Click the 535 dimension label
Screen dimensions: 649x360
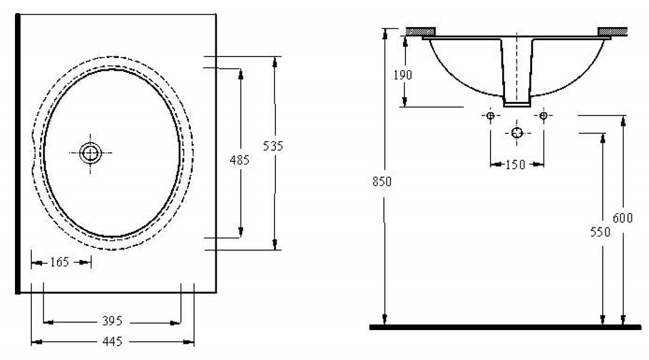[x=273, y=146]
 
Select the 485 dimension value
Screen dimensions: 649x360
[x=239, y=160]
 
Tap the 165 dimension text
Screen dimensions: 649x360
[x=59, y=262]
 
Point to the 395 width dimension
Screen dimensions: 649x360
[x=112, y=320]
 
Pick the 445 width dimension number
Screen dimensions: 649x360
[x=112, y=341]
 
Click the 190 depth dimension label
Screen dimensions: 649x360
[x=402, y=75]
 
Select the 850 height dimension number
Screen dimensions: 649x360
[x=381, y=181]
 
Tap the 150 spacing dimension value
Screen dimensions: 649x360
[x=515, y=164]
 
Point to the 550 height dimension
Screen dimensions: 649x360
[x=600, y=232]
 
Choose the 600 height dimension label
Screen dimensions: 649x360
[x=623, y=218]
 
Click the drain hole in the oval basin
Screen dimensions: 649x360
[x=90, y=152]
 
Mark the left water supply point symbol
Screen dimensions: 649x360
[x=491, y=115]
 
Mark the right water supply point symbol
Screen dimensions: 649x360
[x=543, y=115]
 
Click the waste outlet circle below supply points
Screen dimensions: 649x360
[x=517, y=133]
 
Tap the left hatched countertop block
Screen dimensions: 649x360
[x=420, y=31]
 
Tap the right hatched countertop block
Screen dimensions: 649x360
[x=612, y=31]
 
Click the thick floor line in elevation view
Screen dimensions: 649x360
[x=506, y=327]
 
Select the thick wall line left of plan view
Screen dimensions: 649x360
[x=17, y=154]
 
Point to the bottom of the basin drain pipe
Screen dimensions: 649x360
[x=517, y=104]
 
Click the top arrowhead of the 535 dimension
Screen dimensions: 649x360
[x=274, y=61]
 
